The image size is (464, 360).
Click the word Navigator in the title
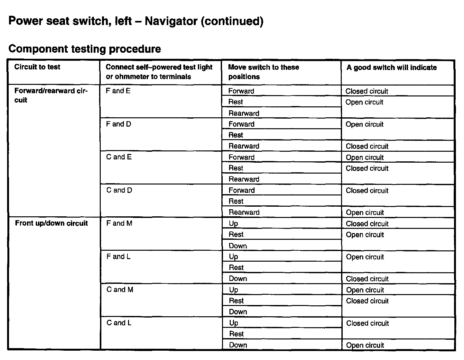[x=171, y=21]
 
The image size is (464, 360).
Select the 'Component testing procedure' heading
[x=85, y=49]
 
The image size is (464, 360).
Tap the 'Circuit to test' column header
[x=37, y=67]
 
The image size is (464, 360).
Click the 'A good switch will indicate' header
[x=391, y=67]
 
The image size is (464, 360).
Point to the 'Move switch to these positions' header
[x=263, y=72]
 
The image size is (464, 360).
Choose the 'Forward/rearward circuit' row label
[x=51, y=95]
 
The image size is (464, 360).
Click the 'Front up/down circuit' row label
[x=51, y=223]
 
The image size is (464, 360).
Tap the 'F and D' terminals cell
[x=118, y=124]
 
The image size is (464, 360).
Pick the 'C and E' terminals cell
[x=119, y=157]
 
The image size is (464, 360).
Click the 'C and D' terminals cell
[x=119, y=190]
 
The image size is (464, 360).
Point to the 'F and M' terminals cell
[x=119, y=223]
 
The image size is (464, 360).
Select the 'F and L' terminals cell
[x=118, y=256]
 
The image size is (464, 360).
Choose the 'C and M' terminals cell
[x=120, y=290]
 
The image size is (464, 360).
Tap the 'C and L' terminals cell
[x=119, y=323]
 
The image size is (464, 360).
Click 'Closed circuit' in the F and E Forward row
[x=367, y=91]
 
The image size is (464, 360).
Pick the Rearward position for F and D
[x=244, y=146]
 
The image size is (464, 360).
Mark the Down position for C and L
[x=238, y=345]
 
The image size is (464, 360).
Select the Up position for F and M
[x=233, y=223]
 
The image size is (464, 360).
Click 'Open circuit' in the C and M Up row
[x=365, y=290]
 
